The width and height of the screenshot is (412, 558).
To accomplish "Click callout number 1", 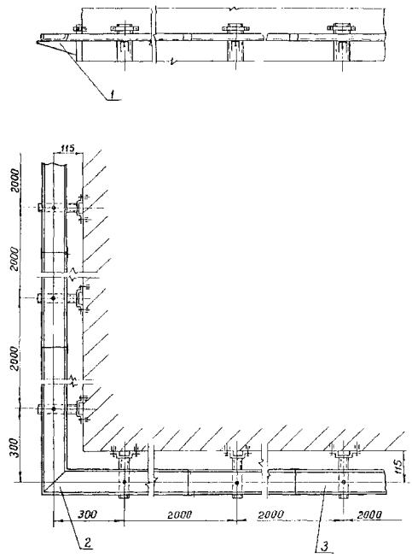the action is coord(113,94).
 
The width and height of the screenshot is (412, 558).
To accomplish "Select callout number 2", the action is coord(87,543).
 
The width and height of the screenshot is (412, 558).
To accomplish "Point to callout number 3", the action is coord(325,546).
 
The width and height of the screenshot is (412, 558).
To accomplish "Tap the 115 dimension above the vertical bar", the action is coord(67,148).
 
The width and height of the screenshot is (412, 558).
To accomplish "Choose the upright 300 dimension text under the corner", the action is coord(87,514).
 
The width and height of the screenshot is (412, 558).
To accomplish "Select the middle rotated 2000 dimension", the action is coord(15,259).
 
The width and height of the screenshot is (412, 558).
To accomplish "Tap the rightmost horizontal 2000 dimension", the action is coord(369,515).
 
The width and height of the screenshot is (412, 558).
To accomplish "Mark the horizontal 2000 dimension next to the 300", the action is coord(180,514).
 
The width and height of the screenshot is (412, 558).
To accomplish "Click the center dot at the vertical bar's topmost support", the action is coord(54,208).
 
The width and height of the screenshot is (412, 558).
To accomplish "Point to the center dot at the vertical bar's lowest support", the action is coord(54,408).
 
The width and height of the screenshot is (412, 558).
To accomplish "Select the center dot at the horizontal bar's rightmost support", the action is coord(343,482).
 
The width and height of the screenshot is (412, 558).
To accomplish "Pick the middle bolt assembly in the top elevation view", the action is coord(235,27).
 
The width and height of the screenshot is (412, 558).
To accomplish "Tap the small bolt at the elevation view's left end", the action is coord(78,28).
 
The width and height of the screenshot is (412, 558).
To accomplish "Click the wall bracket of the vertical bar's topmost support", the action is coord(78,208).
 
